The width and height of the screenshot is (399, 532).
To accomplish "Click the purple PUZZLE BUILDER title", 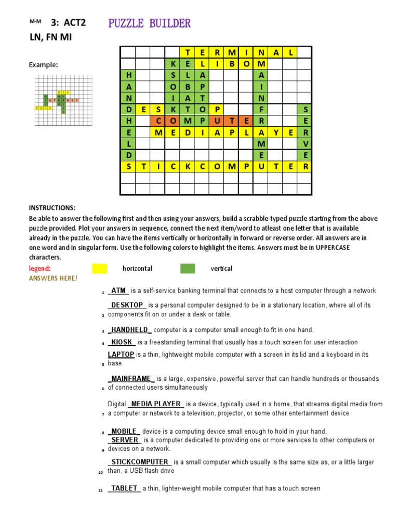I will [x=149, y=23].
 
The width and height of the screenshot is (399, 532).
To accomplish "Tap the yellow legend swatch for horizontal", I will [x=99, y=269].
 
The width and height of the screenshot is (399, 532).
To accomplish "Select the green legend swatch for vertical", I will [x=188, y=269].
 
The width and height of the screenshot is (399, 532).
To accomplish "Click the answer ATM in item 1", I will [x=118, y=291].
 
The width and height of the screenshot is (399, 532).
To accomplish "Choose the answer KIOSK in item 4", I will [x=122, y=342].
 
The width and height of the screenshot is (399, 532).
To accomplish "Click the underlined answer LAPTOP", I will [x=121, y=354].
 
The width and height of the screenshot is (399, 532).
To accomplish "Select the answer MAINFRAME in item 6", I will [x=131, y=379].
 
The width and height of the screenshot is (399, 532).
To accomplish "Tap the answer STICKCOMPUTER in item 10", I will [x=140, y=462].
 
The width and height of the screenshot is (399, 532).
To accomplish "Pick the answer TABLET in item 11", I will [x=124, y=488].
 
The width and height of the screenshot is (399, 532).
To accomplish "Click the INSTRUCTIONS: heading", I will [x=52, y=208].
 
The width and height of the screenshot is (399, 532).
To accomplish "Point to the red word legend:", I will [x=40, y=269].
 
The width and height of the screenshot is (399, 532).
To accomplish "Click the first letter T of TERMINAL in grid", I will [x=188, y=52].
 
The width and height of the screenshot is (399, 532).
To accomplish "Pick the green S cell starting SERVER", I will [x=306, y=109].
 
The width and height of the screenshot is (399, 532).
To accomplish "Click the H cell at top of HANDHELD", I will [x=128, y=75].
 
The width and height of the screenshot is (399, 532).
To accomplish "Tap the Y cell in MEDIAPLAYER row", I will [x=276, y=132].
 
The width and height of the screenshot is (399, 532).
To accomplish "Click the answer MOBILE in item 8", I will [x=124, y=431].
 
